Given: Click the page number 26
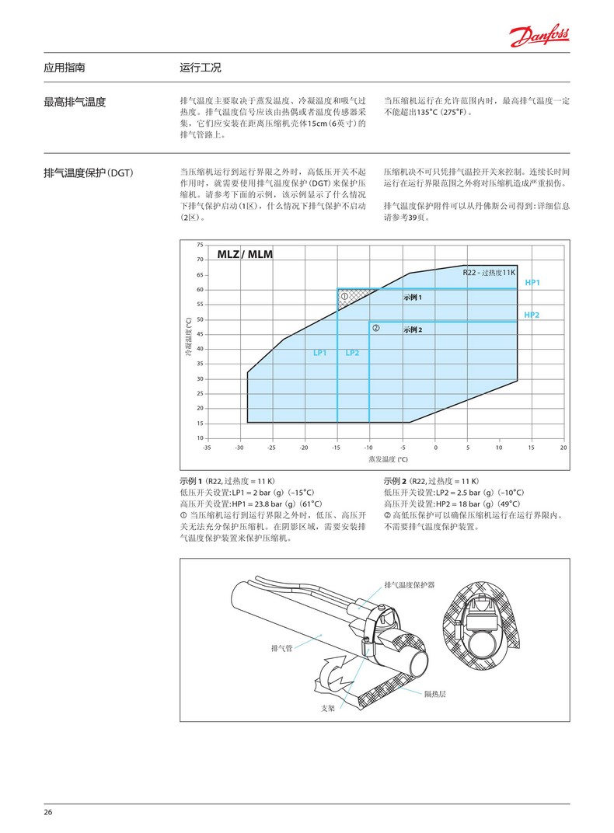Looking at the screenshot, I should [48, 812].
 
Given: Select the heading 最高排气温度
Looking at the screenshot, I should [75, 102].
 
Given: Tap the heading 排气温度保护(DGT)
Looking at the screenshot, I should [89, 173].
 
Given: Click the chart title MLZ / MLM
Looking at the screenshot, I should [245, 254].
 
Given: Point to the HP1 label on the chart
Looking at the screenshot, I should [532, 283].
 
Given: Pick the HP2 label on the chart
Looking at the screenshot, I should [532, 315].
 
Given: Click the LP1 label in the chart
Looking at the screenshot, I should [320, 353].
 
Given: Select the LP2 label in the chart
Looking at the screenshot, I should [352, 353].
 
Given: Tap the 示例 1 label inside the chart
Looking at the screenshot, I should [413, 298].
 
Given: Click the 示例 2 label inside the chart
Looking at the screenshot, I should [413, 330].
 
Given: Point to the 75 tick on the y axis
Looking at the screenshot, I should [200, 245].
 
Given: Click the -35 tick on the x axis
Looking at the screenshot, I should [207, 448].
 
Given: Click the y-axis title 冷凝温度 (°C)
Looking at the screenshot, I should [187, 336].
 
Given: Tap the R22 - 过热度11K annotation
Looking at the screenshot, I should [489, 273].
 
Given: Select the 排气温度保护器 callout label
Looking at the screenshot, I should [410, 584].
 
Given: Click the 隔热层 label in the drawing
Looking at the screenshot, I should [435, 693].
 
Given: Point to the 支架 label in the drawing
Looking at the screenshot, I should [328, 708].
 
